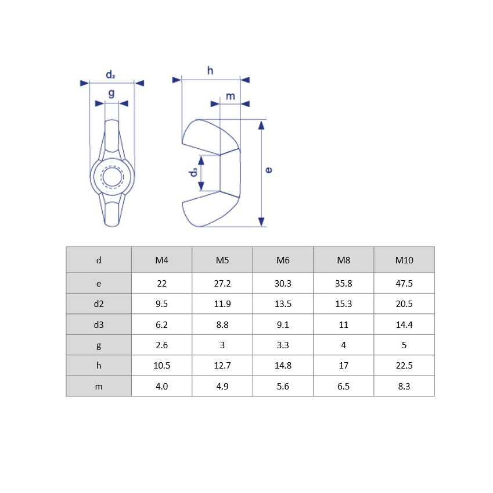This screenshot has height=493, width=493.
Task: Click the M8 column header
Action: point(343,260)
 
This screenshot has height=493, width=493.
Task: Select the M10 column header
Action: point(404,260)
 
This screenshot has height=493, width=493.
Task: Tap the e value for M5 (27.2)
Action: point(222,283)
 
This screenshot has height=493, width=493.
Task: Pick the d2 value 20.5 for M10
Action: point(404,304)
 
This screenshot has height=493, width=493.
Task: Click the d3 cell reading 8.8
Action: point(222,324)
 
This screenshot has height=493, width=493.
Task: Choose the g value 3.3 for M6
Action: point(283,345)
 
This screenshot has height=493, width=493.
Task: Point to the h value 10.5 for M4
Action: point(161,366)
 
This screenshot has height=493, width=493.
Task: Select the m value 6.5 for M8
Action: point(343,386)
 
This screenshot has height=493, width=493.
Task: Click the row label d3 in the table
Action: point(99,324)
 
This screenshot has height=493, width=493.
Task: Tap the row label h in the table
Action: point(99,366)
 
